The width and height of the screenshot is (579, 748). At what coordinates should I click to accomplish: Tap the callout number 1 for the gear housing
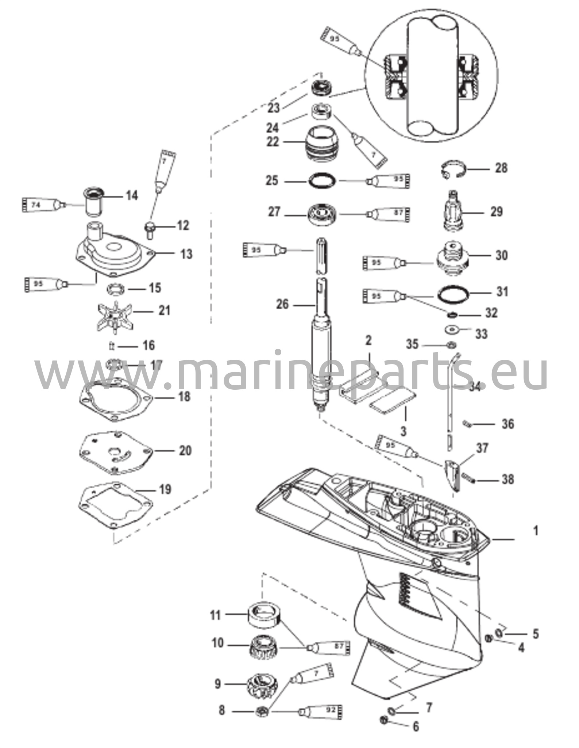coord(535,531)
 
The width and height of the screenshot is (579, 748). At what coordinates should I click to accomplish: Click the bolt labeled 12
coord(150,229)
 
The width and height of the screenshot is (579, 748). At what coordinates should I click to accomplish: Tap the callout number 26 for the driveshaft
coord(282,304)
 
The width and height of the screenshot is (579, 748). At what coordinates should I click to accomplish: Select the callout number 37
coord(482,448)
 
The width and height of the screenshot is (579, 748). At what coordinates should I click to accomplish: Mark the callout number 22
coord(272,142)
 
